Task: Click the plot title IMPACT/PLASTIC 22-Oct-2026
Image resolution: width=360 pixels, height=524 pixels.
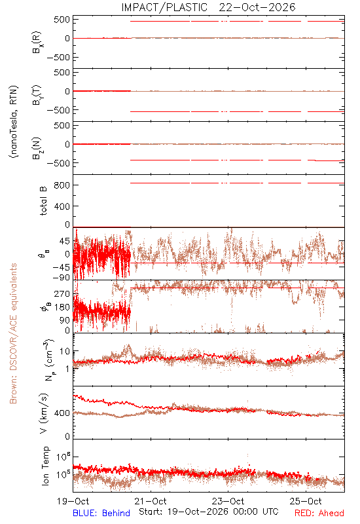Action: point(208,7)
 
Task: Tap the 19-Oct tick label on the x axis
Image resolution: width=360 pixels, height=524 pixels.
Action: point(73,501)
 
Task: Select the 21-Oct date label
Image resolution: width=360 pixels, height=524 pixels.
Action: point(151,501)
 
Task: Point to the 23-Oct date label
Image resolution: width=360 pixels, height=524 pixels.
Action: point(228,501)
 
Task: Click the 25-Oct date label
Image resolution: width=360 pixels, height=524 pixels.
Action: point(306,501)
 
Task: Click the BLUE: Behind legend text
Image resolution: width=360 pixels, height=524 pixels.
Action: point(101,513)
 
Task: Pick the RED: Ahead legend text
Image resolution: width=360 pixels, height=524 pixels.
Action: point(319,513)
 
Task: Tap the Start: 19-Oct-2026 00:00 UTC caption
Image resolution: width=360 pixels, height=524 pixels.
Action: point(209,512)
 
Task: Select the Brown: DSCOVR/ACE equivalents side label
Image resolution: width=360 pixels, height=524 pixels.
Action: point(13,333)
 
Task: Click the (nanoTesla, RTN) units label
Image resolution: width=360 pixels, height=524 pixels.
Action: point(14,122)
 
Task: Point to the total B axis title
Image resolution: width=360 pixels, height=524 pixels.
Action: point(43,201)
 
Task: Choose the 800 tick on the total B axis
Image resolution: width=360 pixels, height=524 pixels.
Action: point(62,185)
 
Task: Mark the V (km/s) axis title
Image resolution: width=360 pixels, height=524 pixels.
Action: point(44,413)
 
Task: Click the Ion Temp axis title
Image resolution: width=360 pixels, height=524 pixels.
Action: point(45,466)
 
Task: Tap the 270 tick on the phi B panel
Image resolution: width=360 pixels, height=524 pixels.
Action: point(62,293)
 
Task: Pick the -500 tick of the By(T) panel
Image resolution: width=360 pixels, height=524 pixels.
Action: point(58,110)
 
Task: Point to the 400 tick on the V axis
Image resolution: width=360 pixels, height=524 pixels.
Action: point(62,413)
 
